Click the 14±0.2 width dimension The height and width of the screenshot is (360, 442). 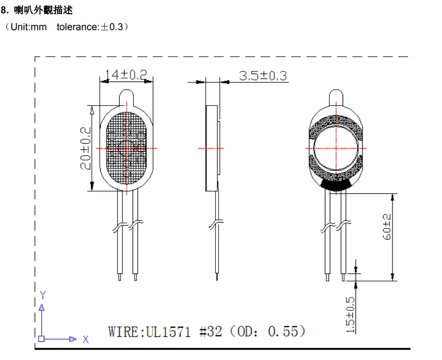pos(126,75)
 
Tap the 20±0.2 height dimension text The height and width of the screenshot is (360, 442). pos(86,148)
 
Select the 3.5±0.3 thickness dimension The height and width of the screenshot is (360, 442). pos(263,75)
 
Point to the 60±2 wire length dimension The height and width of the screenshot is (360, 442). pos(387,227)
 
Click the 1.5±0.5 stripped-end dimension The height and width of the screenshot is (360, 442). pos(350,315)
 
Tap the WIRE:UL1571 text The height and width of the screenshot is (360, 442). pos(149,332)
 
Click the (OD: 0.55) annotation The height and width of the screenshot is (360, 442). pos(268,331)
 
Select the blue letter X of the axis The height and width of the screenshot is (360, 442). pos(86,339)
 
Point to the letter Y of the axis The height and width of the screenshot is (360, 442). pos(43,295)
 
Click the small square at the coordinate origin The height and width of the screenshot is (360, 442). pos(41,339)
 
